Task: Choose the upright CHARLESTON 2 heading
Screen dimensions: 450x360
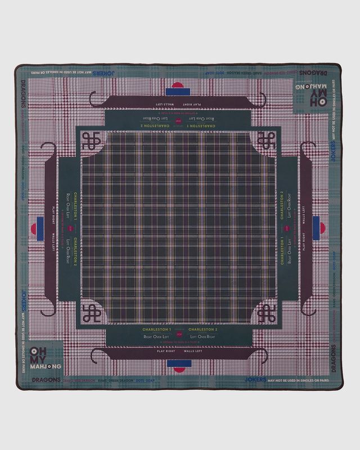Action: pos(202,329)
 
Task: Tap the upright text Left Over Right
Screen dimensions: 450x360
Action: pos(202,336)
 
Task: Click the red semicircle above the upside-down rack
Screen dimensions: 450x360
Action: pos(178,85)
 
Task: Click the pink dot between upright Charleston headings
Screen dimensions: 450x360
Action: pos(179,329)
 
